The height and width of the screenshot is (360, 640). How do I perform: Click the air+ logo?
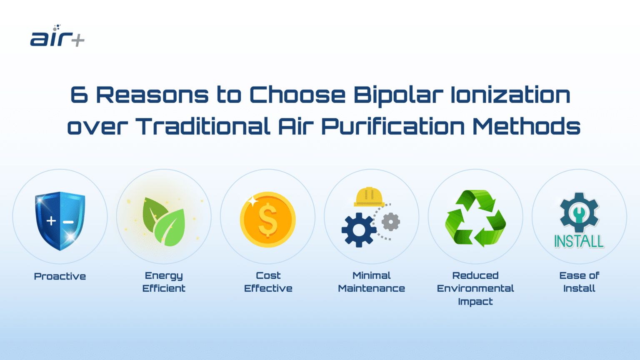tap(57, 37)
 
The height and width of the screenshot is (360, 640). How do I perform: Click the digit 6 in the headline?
tap(79, 95)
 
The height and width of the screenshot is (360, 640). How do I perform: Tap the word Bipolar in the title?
tap(397, 95)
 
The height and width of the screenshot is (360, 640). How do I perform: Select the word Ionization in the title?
tap(510, 95)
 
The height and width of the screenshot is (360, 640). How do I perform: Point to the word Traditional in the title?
tap(203, 126)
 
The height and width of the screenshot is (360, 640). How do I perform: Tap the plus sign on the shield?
tap(51, 221)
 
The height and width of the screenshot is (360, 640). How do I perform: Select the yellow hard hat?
tap(368, 197)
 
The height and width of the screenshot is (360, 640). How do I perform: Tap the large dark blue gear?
tap(358, 230)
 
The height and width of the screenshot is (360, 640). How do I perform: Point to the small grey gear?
tap(390, 222)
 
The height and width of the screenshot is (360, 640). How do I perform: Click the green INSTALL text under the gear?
tap(579, 241)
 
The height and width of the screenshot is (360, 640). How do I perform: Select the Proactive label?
tap(60, 276)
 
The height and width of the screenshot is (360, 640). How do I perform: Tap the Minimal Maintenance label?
tap(371, 282)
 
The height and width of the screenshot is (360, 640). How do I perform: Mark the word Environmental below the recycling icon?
tap(475, 288)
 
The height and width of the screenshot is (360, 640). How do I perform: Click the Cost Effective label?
tap(268, 282)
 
